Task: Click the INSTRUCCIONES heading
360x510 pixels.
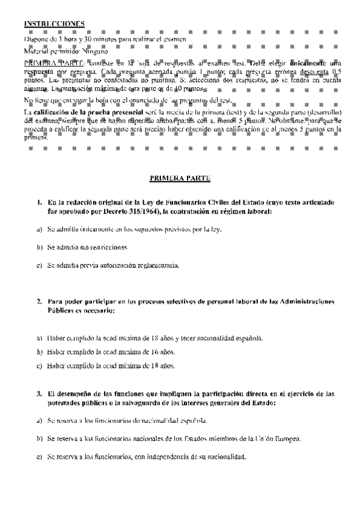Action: coord(54,23)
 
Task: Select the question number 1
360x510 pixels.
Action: coord(39,203)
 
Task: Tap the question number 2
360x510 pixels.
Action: coord(39,301)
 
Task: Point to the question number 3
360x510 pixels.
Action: coord(39,394)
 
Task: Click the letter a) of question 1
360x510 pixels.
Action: coord(39,229)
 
